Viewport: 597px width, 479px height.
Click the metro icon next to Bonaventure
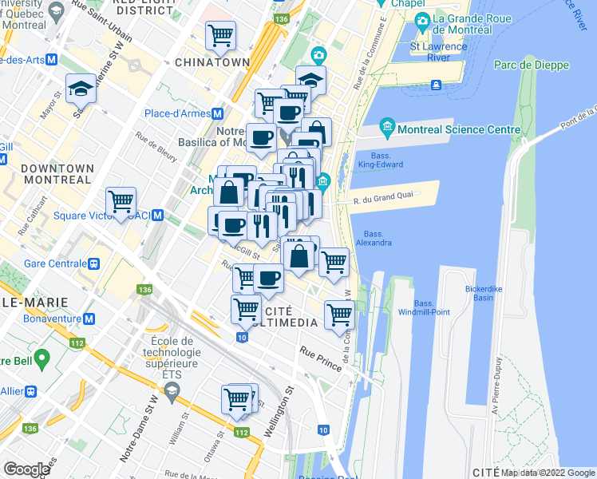[x=89, y=319]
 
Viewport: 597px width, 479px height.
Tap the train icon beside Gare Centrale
[x=94, y=263]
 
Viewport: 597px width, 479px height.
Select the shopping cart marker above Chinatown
[x=220, y=35]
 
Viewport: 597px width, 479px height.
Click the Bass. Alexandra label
[x=373, y=238]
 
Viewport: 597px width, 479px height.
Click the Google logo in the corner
[x=26, y=469]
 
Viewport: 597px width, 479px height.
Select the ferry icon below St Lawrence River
[x=437, y=85]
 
